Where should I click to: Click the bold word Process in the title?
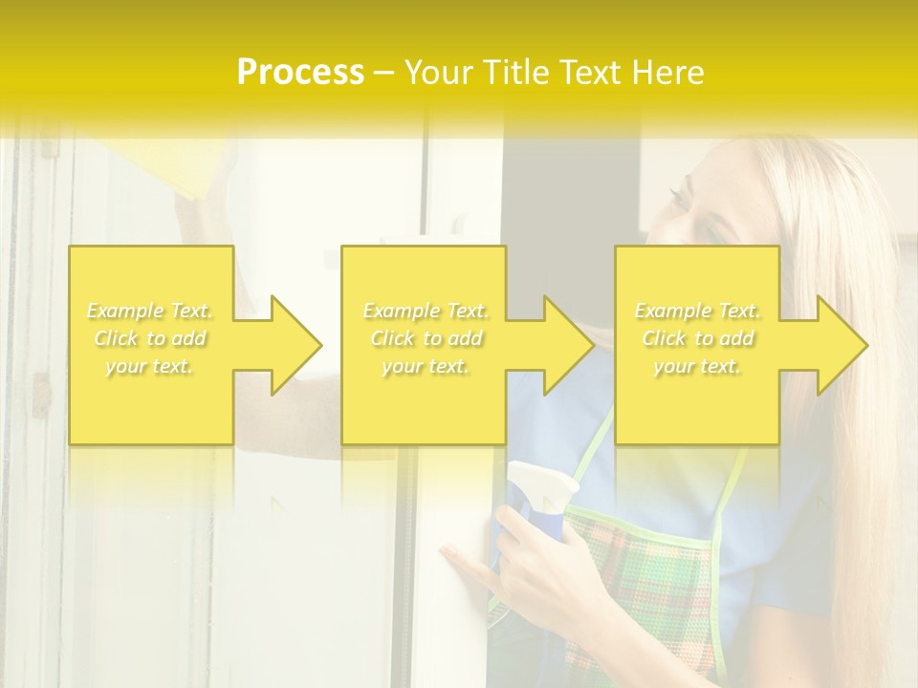(x=300, y=72)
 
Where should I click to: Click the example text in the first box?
(x=150, y=338)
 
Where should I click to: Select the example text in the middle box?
(x=426, y=338)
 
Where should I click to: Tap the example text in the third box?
(x=697, y=338)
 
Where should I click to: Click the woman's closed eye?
(x=681, y=199)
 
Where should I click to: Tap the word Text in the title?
(x=592, y=72)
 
